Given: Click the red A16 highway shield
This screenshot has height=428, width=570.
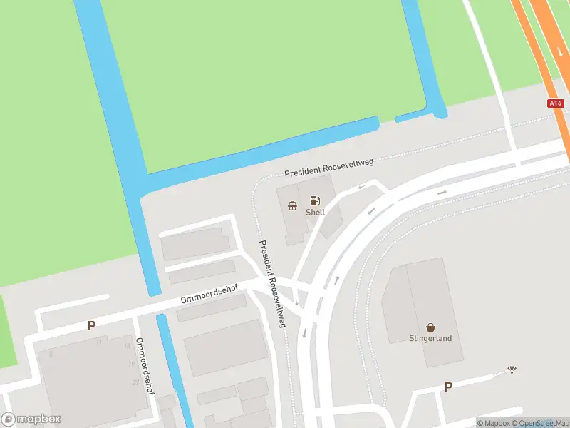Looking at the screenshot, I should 556,103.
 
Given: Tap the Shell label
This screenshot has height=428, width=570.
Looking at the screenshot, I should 315,213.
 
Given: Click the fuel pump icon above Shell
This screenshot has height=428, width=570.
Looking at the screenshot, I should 315,200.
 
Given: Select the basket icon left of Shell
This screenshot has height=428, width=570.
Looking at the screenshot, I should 292,206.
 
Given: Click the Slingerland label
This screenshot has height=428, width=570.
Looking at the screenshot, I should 430,339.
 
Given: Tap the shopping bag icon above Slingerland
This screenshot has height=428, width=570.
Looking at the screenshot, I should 430,327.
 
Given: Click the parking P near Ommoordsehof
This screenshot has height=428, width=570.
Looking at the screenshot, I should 91,326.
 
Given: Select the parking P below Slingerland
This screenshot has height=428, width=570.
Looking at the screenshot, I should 448,387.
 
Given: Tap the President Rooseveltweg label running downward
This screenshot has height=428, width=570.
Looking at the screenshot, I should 272,283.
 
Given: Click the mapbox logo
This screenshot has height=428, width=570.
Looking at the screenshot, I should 31,419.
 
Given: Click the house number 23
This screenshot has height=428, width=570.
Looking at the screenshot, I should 135,382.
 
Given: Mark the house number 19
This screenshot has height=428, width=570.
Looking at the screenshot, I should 131,364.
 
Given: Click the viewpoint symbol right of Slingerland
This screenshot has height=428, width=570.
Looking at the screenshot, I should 512,370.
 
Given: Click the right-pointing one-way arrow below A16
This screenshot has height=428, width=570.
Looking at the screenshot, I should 442,193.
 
